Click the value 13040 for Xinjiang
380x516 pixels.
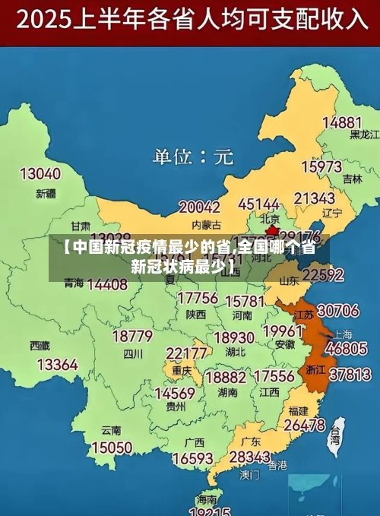point(40,174)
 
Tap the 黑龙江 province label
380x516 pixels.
point(364,135)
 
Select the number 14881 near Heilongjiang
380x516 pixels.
point(342,122)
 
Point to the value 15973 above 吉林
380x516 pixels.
point(321,166)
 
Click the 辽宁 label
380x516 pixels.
point(332,213)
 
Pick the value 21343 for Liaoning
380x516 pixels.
point(314,198)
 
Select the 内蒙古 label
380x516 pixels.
point(205,224)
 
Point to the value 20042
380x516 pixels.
point(199,207)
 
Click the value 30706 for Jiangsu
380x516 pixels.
point(337,310)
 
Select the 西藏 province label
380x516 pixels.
point(40,346)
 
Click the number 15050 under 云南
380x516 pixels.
point(111,448)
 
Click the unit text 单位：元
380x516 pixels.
point(193,157)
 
